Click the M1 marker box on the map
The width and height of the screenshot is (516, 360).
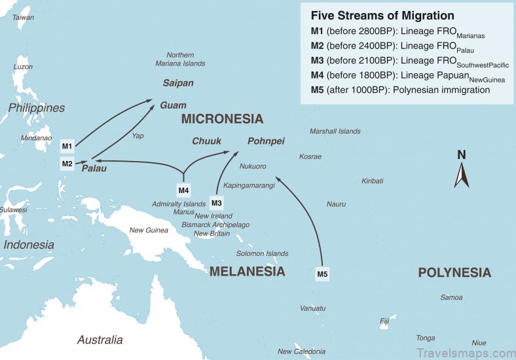(x=67, y=145)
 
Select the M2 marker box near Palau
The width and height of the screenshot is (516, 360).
(x=67, y=164)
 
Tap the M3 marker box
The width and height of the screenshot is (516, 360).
(x=217, y=202)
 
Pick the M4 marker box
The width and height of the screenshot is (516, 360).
(x=184, y=190)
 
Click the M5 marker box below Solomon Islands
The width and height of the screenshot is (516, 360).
(x=322, y=274)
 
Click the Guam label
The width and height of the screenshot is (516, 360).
(x=174, y=105)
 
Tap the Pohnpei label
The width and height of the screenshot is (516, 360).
(x=266, y=141)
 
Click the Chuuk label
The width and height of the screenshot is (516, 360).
(x=206, y=141)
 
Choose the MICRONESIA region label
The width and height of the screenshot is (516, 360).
(x=222, y=119)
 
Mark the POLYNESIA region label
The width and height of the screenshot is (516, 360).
(x=454, y=273)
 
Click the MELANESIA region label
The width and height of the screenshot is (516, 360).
(x=247, y=272)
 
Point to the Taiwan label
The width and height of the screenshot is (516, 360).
(x=24, y=18)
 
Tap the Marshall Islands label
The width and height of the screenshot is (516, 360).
(x=335, y=132)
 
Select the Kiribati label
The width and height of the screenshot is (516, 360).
(x=373, y=181)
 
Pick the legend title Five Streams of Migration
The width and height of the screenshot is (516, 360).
(x=382, y=15)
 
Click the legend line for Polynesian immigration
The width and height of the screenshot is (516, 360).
(x=400, y=90)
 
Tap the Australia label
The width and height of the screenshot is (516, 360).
(x=100, y=340)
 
